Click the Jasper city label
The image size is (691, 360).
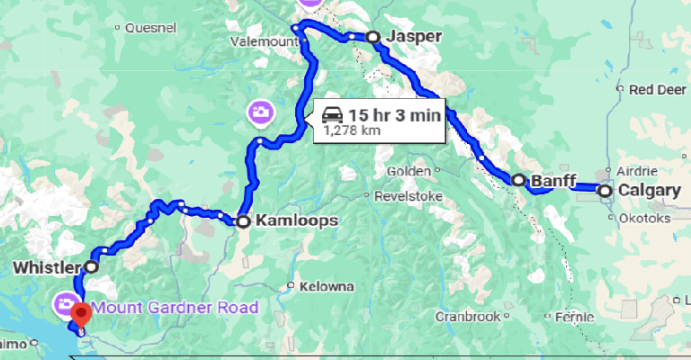(416, 37)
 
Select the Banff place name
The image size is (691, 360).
(553, 181)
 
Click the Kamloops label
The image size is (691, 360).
(283, 220)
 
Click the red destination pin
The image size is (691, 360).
(81, 313)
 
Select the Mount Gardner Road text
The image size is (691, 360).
(175, 308)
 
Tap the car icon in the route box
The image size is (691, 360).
(332, 114)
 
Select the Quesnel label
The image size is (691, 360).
(150, 28)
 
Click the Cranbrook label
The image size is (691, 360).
(467, 317)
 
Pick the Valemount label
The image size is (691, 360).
(263, 41)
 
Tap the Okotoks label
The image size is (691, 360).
(645, 218)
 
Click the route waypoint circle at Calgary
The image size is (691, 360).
(606, 191)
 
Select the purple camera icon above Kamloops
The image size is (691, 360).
(258, 112)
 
